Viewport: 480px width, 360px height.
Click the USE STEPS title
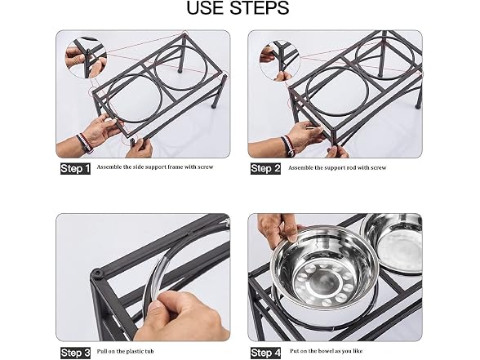pos(238,8)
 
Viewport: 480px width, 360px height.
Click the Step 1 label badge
pos(75,169)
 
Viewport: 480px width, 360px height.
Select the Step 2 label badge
pos(266,169)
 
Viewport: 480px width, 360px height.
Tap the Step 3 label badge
pos(76,353)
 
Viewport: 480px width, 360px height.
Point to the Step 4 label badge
pos(266,353)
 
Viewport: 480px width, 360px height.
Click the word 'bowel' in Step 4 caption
pos(326,351)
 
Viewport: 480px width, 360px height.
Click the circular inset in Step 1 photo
pos(87,59)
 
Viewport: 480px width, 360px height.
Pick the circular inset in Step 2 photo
pos(280,60)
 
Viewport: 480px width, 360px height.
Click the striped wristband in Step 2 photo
pos(287,145)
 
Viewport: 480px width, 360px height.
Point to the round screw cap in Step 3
pos(97,273)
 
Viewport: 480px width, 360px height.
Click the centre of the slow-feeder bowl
pos(325,283)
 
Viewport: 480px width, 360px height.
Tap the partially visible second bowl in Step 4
pos(392,242)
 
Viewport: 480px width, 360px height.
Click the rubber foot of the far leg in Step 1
pos(179,71)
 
